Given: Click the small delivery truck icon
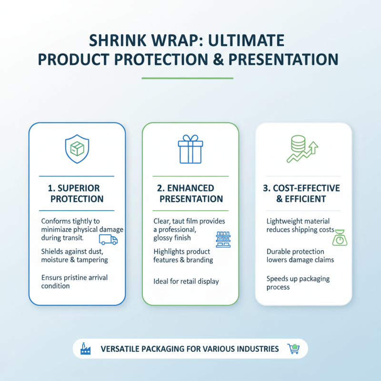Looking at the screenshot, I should [x=108, y=239].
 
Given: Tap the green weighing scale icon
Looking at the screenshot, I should [x=340, y=237].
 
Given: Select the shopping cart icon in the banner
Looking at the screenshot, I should [x=293, y=349].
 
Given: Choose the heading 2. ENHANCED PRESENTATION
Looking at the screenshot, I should [x=190, y=193].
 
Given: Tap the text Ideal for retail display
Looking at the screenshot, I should [x=186, y=281].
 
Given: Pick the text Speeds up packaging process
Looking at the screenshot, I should [x=298, y=283].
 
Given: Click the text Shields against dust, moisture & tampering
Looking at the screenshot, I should [x=74, y=255].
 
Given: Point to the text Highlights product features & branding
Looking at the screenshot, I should [x=183, y=256].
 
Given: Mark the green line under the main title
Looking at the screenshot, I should [x=188, y=78].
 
